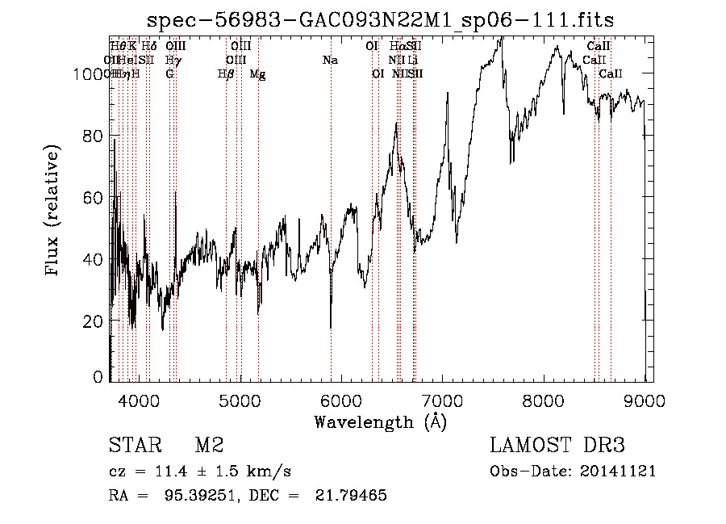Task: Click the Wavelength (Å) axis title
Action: [x=380, y=421]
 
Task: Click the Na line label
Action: [x=329, y=60]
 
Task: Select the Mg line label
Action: [x=257, y=73]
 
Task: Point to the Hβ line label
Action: [x=226, y=73]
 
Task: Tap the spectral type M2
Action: [x=209, y=446]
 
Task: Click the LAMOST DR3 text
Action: [x=557, y=446]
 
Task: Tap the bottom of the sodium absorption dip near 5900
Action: [x=331, y=326]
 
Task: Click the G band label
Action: [x=169, y=73]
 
